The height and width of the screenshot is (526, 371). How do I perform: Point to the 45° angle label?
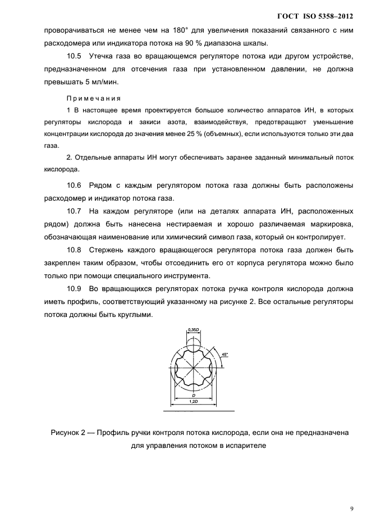coord(225,355)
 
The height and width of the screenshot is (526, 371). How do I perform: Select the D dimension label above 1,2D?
coord(193,396)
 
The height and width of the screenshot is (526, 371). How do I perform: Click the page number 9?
coord(351,509)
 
